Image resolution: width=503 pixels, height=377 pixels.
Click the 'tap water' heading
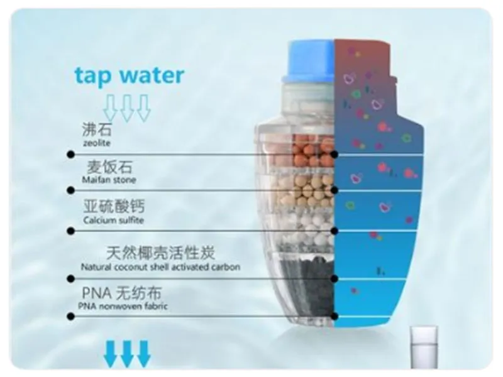(130, 75)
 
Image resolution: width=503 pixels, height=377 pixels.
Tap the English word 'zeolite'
(97, 143)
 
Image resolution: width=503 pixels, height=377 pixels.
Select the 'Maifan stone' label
(109, 180)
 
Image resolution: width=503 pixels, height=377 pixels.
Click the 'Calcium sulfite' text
(114, 221)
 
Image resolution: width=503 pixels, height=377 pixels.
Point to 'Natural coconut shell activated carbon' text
(160, 266)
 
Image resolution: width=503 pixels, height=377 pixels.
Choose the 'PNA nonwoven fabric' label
(123, 306)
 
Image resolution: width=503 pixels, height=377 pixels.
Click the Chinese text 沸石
(97, 129)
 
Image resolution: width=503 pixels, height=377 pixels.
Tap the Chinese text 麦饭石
(109, 167)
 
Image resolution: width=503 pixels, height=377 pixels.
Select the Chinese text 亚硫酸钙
(114, 206)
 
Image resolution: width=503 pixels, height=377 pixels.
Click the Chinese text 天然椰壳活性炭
(160, 253)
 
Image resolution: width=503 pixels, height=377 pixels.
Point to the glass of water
(424, 347)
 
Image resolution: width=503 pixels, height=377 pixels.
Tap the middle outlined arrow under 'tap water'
(127, 108)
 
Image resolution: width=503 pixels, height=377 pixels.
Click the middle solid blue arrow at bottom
(127, 354)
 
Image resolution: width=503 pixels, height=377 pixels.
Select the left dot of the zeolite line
(71, 155)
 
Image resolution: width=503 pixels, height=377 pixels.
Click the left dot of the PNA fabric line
(71, 317)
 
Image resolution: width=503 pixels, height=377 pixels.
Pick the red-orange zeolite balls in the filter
(313, 151)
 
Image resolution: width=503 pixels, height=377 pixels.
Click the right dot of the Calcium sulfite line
(334, 231)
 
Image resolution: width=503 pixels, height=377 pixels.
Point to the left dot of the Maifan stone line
(71, 190)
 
